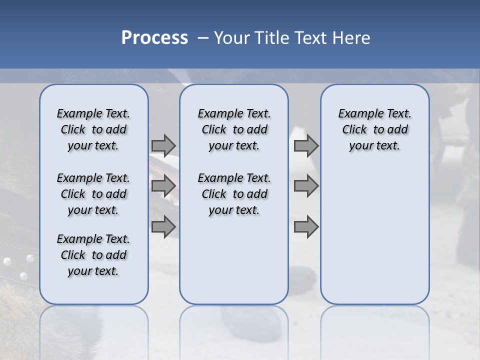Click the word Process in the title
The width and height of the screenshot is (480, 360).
[x=154, y=37]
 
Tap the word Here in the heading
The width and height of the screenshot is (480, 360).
[x=351, y=37]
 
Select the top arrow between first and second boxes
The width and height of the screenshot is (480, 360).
[x=163, y=145]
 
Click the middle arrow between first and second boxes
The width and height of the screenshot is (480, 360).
[x=163, y=186]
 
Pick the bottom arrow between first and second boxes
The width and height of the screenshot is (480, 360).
[x=163, y=227]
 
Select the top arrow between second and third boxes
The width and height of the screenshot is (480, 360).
[x=306, y=145]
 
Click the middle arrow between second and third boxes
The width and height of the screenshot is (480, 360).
[x=306, y=186]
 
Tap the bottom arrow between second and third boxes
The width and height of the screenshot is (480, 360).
[x=306, y=227]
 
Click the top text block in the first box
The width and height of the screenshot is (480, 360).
[x=93, y=129]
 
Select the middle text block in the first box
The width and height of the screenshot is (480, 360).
[x=93, y=194]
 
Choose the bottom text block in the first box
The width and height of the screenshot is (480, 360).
[x=93, y=255]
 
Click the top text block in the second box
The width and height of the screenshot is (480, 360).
[x=234, y=129]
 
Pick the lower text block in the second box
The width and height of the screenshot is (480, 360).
[x=234, y=194]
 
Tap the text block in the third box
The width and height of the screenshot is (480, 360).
[x=375, y=129]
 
